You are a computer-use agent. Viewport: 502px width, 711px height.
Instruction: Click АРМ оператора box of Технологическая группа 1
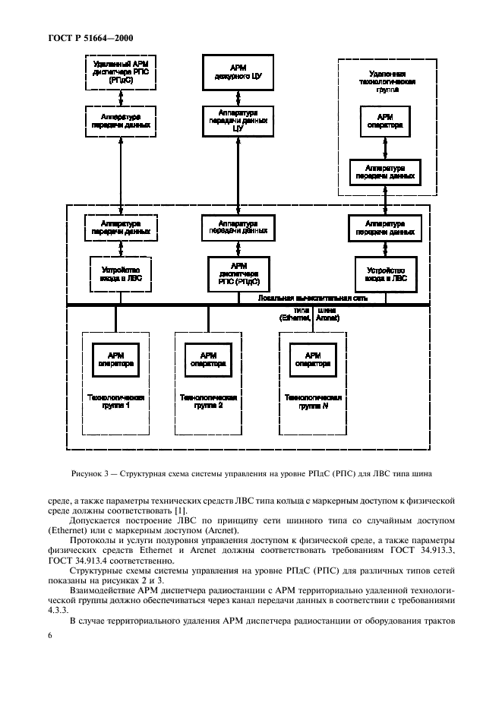point(115,359)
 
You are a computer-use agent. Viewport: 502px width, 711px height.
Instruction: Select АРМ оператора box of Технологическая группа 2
point(207,359)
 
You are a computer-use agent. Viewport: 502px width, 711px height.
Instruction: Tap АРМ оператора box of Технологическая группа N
point(312,359)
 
